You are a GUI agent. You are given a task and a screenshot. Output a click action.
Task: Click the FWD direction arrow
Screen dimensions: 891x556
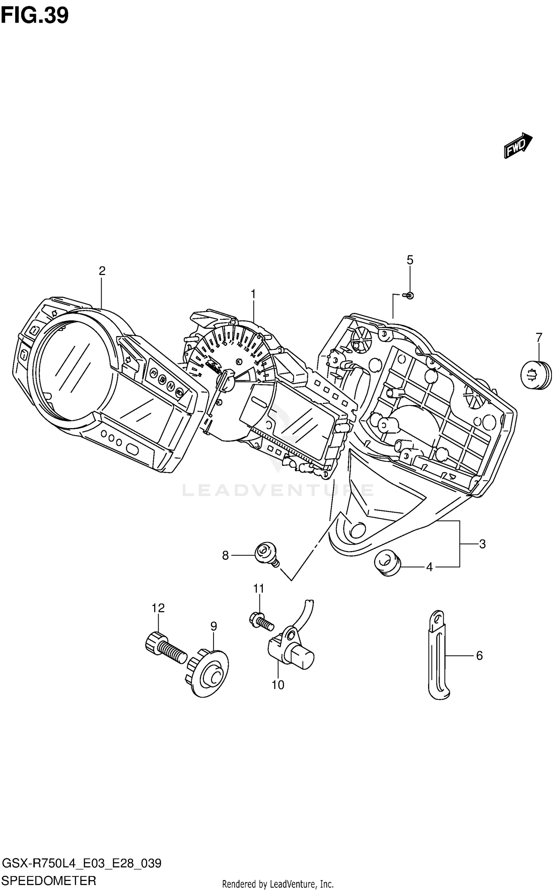[x=518, y=145]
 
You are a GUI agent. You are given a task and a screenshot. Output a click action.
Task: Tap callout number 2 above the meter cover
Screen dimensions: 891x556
[x=102, y=271]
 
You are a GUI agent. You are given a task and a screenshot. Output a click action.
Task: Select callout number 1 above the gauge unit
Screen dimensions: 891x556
[x=253, y=294]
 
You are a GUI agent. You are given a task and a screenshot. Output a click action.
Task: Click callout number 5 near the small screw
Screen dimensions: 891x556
[x=410, y=260]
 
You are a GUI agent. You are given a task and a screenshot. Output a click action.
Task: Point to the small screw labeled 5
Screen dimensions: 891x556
[x=409, y=295]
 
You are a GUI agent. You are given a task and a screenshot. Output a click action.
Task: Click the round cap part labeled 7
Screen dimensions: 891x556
[x=536, y=375]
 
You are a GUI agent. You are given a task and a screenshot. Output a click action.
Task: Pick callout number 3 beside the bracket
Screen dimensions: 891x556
[x=482, y=544]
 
